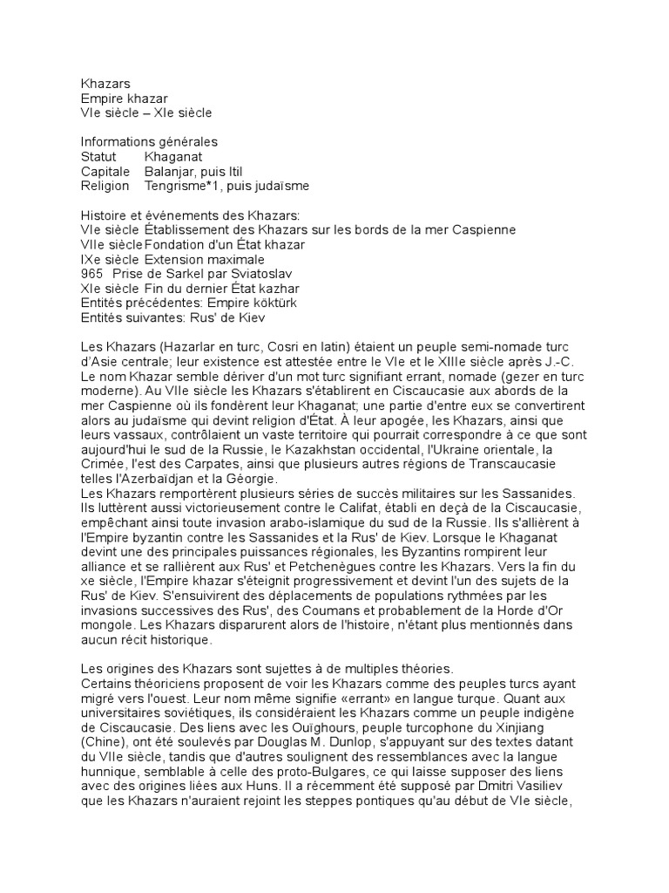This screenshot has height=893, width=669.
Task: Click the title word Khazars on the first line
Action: [x=105, y=84]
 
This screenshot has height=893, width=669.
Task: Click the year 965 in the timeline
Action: [x=91, y=274]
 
